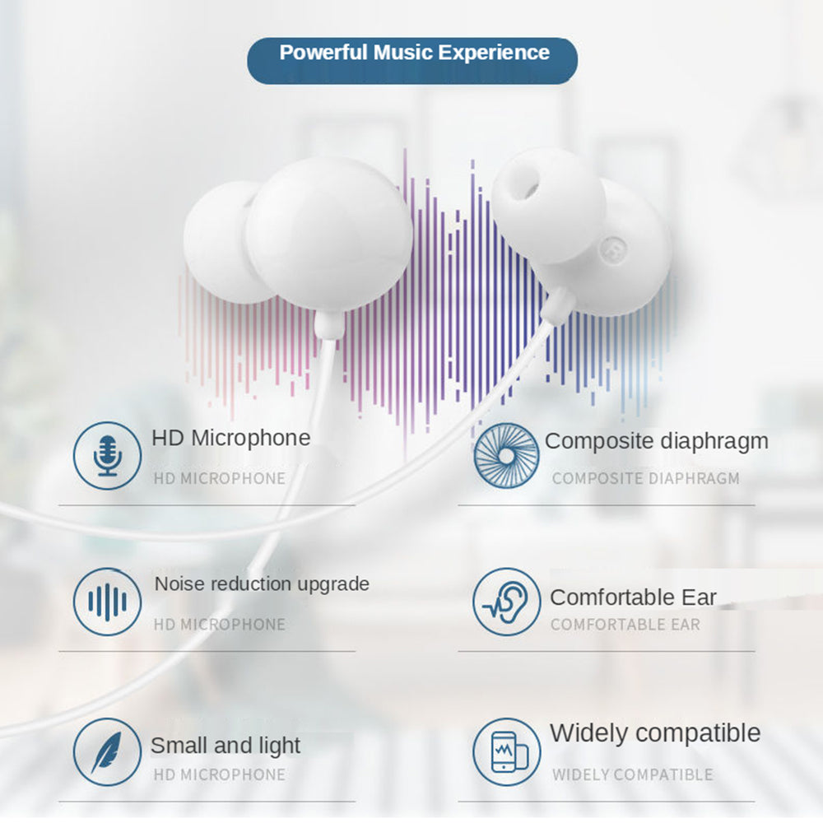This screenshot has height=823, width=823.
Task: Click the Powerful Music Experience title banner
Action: (412, 60)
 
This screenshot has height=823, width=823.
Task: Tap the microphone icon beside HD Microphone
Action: (107, 456)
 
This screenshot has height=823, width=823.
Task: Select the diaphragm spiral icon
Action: (506, 456)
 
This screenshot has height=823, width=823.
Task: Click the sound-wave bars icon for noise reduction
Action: (107, 602)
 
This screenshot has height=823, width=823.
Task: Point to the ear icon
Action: (506, 602)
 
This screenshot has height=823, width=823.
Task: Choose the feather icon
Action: (107, 751)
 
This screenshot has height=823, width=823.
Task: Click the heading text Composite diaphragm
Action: (656, 441)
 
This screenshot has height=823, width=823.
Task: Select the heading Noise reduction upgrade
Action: (262, 584)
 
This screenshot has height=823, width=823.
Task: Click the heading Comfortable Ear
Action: (633, 597)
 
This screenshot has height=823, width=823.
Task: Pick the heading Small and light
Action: (226, 746)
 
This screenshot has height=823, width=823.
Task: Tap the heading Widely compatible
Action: (655, 733)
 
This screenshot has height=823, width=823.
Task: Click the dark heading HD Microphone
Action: (231, 438)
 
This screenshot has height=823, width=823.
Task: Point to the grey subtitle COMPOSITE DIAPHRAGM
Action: (645, 479)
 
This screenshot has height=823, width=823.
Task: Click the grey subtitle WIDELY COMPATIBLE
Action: (632, 774)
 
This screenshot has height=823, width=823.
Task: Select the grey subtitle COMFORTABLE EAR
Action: (625, 625)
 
